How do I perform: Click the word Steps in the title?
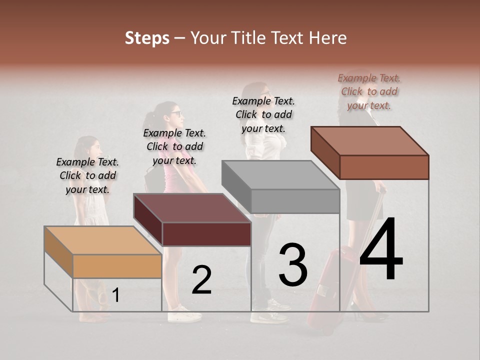(147, 38)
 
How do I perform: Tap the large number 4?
(381, 250)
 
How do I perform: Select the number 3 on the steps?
(293, 265)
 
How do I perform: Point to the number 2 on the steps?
(201, 280)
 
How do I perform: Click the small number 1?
(115, 295)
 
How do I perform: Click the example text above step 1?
(87, 175)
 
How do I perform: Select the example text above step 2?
(174, 146)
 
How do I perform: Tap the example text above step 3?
(263, 114)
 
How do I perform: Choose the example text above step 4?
(369, 91)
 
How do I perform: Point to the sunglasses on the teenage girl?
(177, 113)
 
